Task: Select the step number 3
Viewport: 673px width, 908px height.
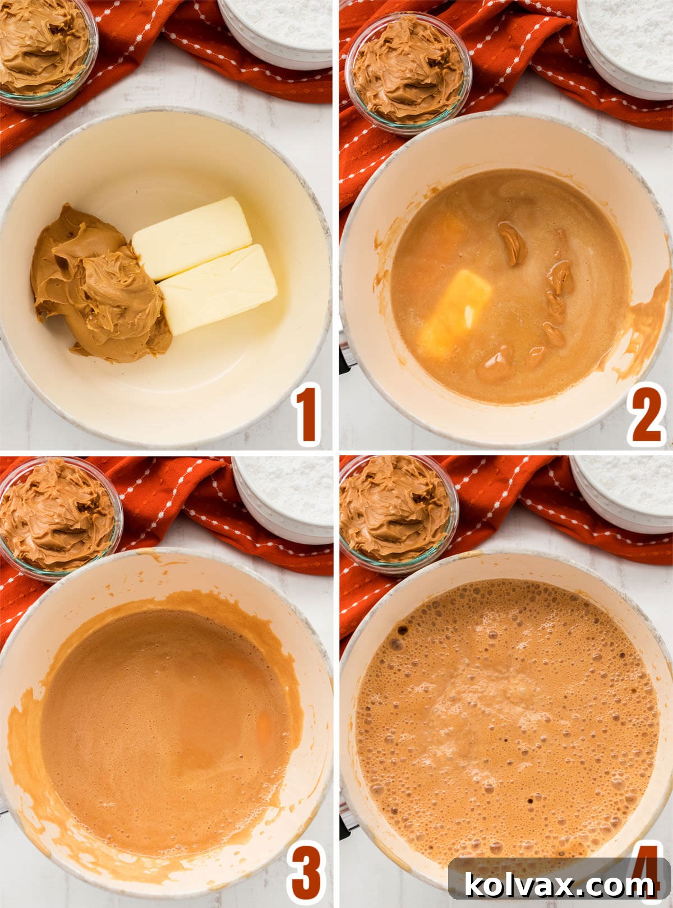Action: [x=306, y=872]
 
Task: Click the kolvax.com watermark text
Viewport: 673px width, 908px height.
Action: [x=559, y=886]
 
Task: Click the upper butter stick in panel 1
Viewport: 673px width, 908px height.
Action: [x=192, y=237]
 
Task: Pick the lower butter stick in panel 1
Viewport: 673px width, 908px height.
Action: [x=219, y=289]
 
